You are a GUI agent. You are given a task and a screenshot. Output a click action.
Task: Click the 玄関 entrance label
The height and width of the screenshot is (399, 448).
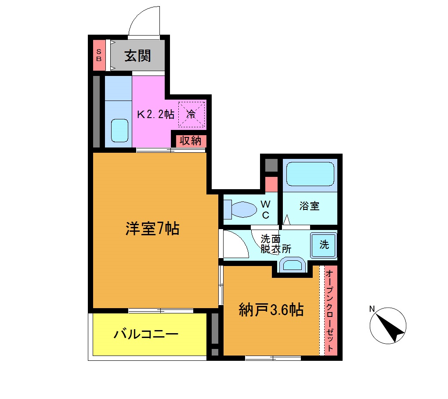tap(137, 56)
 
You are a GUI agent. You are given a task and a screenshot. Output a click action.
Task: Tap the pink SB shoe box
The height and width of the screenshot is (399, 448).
tap(99, 55)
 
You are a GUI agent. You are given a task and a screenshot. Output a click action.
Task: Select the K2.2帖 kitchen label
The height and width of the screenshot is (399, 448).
tap(155, 115)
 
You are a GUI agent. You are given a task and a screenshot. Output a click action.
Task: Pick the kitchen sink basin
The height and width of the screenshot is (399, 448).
tap(119, 130)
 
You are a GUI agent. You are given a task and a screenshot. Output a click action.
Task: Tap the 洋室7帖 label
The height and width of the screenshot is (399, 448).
tap(152, 229)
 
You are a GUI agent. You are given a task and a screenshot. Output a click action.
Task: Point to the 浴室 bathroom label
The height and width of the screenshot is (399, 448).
tap(309, 206)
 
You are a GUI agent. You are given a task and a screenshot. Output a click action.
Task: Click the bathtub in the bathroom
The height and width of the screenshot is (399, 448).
tap(310, 174)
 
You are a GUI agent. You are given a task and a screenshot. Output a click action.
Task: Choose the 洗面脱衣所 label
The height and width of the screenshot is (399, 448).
tap(275, 244)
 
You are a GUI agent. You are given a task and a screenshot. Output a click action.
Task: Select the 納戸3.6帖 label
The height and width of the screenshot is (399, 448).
tap(271, 310)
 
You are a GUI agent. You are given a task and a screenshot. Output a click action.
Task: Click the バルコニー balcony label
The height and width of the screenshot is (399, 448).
tap(146, 335)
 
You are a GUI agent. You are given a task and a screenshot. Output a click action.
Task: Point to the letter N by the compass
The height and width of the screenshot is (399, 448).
tap(372, 309)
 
